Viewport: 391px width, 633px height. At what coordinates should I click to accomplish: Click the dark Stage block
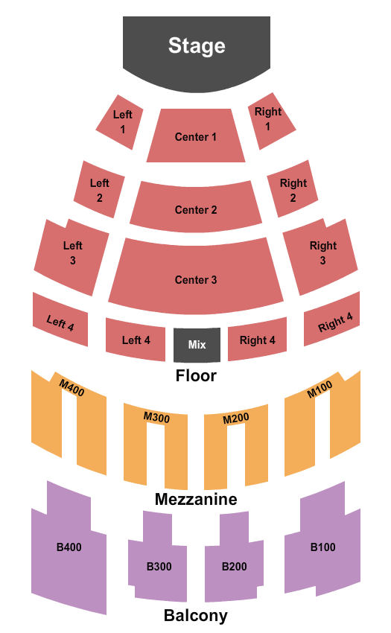(x=197, y=51)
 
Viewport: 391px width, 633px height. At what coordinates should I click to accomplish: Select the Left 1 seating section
(x=120, y=122)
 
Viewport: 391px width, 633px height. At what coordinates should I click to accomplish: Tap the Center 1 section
(x=196, y=136)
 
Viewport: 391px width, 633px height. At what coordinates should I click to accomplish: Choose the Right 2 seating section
(x=293, y=189)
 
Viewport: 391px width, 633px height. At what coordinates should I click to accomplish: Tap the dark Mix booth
(x=197, y=345)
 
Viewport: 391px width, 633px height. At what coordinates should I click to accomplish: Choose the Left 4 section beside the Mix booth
(x=136, y=340)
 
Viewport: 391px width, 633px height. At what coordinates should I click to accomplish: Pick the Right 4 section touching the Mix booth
(x=257, y=340)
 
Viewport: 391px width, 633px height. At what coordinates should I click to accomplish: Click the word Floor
(x=196, y=376)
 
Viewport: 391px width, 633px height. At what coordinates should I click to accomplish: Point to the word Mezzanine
(x=196, y=500)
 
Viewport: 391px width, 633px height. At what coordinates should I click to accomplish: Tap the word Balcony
(x=196, y=616)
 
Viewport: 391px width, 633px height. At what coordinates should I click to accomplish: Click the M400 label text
(x=72, y=388)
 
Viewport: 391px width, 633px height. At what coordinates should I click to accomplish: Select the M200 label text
(x=236, y=419)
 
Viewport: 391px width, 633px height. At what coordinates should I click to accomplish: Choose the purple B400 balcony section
(x=69, y=547)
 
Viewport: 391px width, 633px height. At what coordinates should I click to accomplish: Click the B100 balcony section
(x=322, y=547)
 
